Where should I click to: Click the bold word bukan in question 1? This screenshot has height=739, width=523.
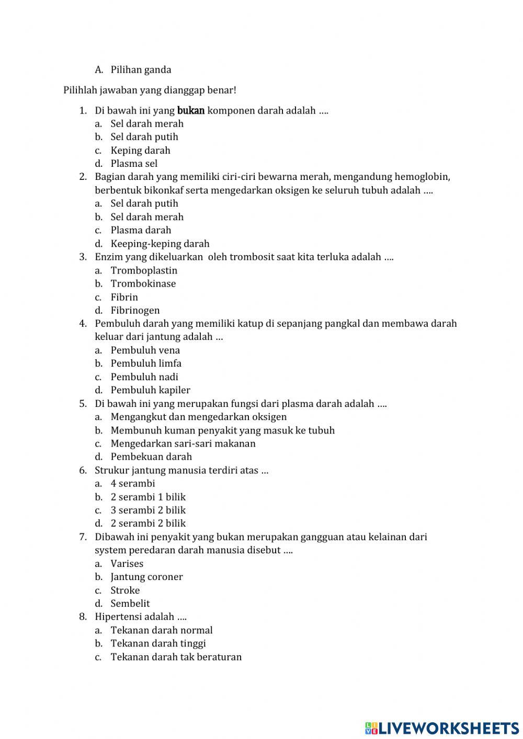point(191,110)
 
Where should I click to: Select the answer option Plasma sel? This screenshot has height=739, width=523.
point(134,164)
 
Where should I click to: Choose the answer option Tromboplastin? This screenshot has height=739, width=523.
point(144,270)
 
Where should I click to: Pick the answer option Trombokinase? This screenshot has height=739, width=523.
point(143,283)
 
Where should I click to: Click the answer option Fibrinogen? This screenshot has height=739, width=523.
point(135,310)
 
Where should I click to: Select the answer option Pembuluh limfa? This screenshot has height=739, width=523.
point(146,363)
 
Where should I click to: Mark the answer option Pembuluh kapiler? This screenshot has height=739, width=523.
point(150,390)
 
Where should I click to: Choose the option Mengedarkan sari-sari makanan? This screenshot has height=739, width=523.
point(183,444)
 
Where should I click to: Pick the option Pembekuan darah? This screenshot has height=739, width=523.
point(151,457)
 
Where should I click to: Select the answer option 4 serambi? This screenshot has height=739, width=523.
point(133,484)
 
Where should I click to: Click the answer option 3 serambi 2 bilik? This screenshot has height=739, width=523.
point(148,510)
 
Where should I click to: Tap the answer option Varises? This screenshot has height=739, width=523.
point(127,564)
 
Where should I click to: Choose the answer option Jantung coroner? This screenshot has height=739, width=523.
point(146,577)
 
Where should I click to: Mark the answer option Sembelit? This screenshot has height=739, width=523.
point(130,604)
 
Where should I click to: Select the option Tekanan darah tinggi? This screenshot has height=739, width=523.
point(158,643)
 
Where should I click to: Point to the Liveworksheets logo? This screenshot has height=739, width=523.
point(442,727)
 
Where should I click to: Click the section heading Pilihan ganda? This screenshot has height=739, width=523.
point(141,70)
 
